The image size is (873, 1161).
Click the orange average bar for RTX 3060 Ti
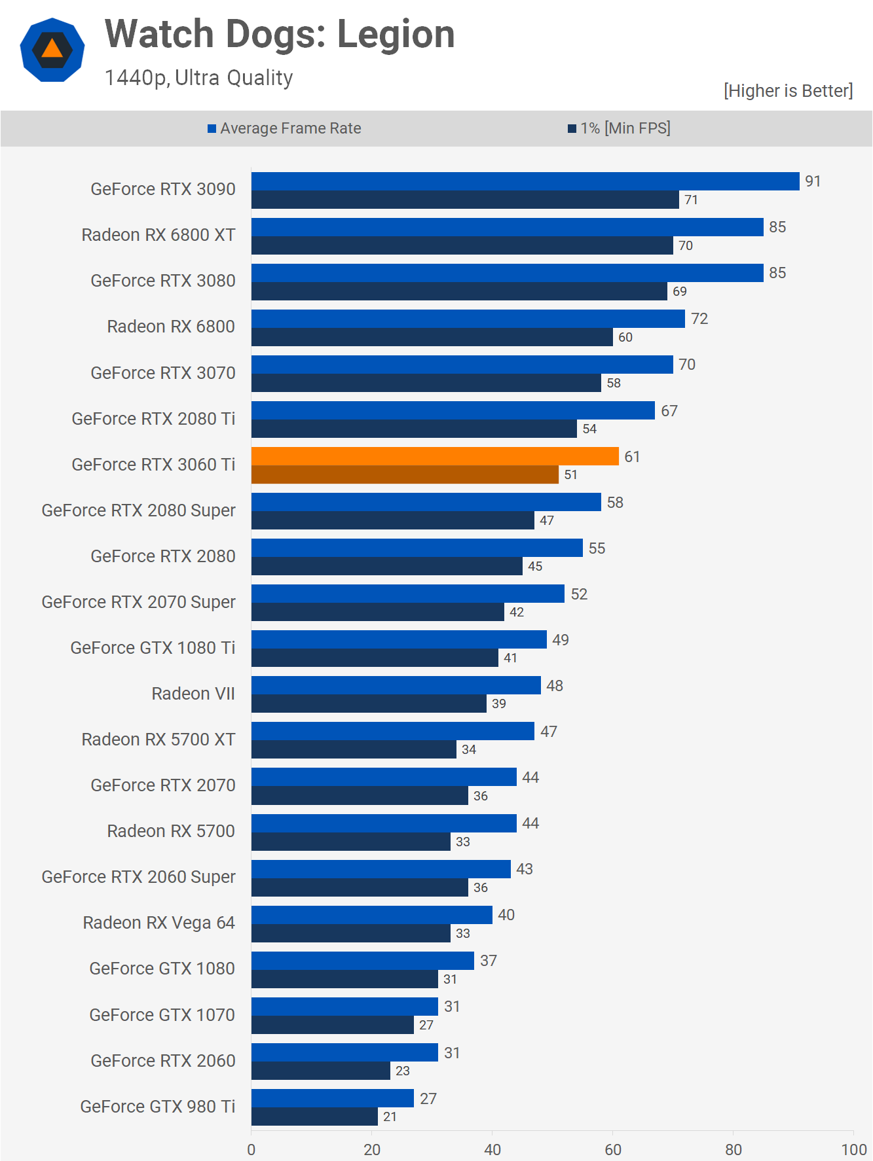tap(435, 456)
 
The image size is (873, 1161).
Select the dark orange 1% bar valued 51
tap(405, 474)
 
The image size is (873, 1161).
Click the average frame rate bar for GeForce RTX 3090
tap(525, 181)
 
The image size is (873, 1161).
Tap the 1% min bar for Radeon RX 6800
tap(432, 337)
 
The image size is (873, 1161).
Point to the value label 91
tap(813, 181)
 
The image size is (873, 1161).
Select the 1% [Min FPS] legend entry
tap(620, 128)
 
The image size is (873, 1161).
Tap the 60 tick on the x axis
tap(613, 1149)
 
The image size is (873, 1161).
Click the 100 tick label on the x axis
tap(853, 1149)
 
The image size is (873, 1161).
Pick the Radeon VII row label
tap(193, 694)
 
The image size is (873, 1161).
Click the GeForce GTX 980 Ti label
tap(157, 1107)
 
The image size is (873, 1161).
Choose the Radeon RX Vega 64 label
tap(158, 923)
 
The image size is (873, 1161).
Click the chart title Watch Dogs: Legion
tap(280, 34)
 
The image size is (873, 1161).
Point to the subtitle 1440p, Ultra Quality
tap(198, 78)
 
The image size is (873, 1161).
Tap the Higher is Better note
tap(788, 91)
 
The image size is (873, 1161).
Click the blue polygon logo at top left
tap(52, 50)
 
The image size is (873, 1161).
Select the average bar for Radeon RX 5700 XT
tap(393, 731)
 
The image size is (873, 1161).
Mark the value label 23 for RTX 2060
tap(402, 1071)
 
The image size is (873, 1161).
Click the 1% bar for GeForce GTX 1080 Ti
tap(375, 658)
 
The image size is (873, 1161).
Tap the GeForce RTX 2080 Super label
tap(138, 510)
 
